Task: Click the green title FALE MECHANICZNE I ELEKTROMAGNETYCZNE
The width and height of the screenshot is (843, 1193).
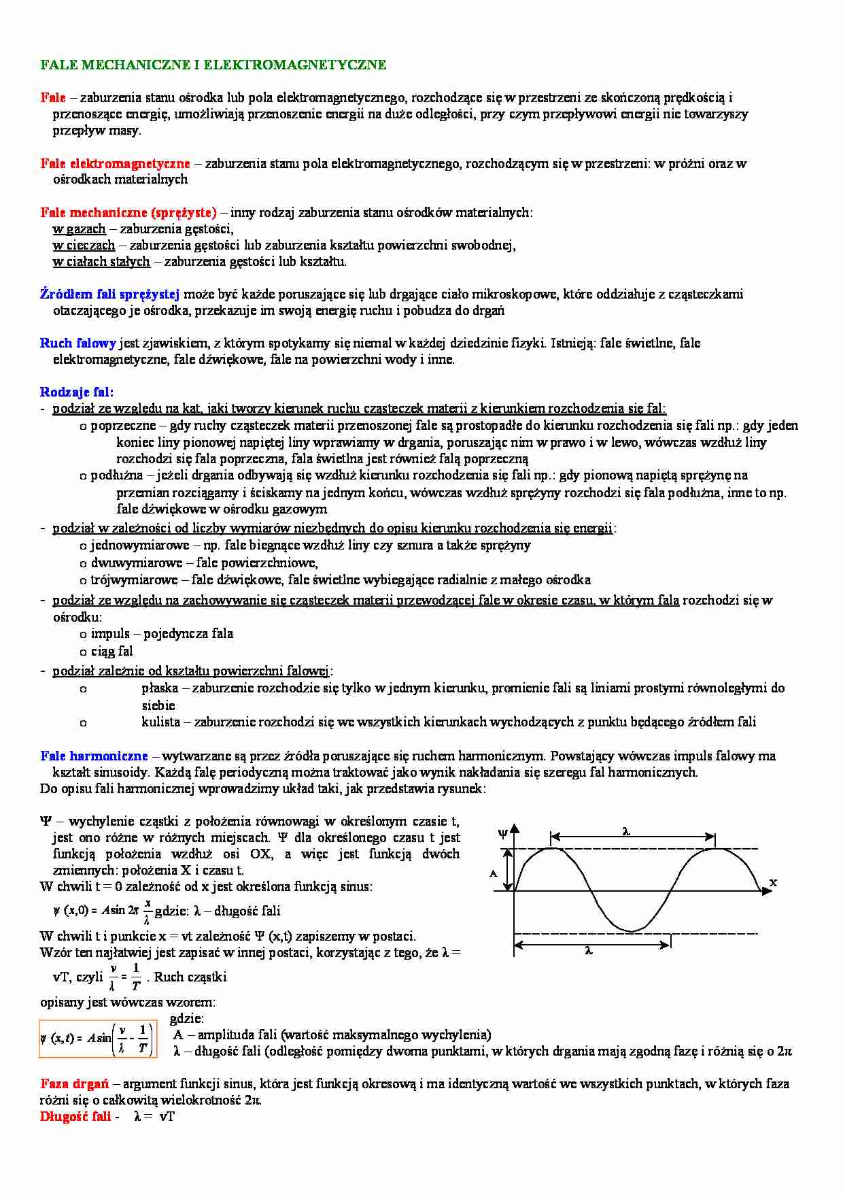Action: (213, 65)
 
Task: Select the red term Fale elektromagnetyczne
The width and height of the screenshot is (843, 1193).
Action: (115, 163)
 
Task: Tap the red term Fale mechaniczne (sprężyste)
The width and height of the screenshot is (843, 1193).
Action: (128, 212)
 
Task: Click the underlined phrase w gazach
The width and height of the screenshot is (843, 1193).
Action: (79, 229)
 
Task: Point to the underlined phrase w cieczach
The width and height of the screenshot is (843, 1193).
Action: (84, 245)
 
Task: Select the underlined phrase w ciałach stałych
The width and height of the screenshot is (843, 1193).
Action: (101, 261)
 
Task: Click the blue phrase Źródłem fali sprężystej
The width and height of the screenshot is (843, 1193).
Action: (109, 294)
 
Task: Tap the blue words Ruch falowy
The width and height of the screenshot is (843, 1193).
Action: (78, 343)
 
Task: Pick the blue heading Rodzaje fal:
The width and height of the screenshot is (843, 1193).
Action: (77, 392)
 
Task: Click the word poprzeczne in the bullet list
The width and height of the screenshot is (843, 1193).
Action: (123, 425)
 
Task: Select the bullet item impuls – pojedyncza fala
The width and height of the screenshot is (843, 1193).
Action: (162, 633)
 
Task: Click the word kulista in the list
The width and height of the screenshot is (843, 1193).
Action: (161, 722)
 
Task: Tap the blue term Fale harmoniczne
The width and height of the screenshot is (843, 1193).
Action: (94, 756)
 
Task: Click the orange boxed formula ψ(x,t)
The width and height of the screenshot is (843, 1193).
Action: (97, 1039)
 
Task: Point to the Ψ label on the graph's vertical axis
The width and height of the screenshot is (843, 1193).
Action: (503, 833)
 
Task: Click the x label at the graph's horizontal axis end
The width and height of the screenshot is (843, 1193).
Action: (772, 882)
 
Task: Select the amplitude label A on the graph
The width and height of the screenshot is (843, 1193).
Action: (494, 873)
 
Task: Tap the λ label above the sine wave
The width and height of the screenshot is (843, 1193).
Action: (626, 830)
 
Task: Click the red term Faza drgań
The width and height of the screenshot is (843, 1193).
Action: (75, 1083)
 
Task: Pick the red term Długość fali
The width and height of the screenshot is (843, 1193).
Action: (75, 1116)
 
